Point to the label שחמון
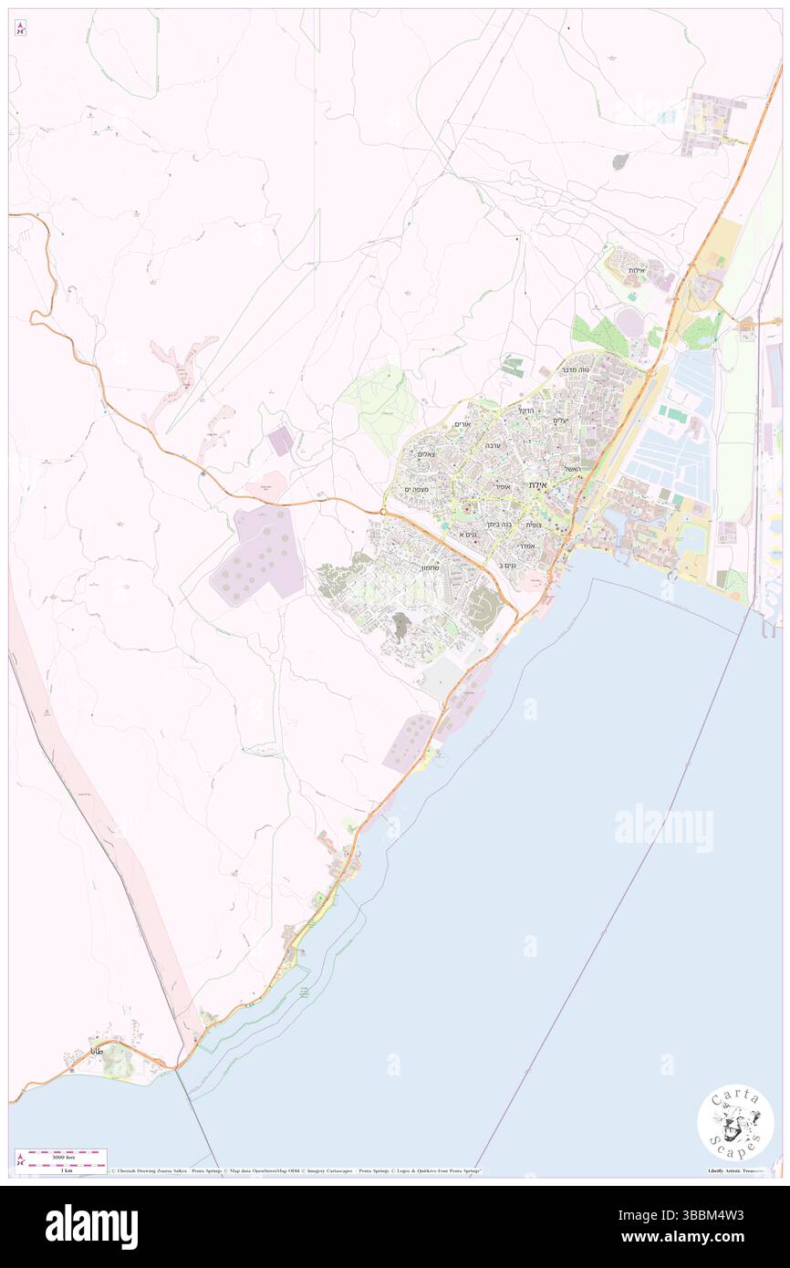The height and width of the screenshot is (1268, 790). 431,567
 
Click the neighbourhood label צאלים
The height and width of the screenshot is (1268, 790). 425,453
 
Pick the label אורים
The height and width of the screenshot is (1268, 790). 462,424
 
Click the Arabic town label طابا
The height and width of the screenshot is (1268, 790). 98,1051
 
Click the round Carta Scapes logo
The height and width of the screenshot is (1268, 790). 735,1125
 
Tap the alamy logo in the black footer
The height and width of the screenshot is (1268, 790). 91,1226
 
